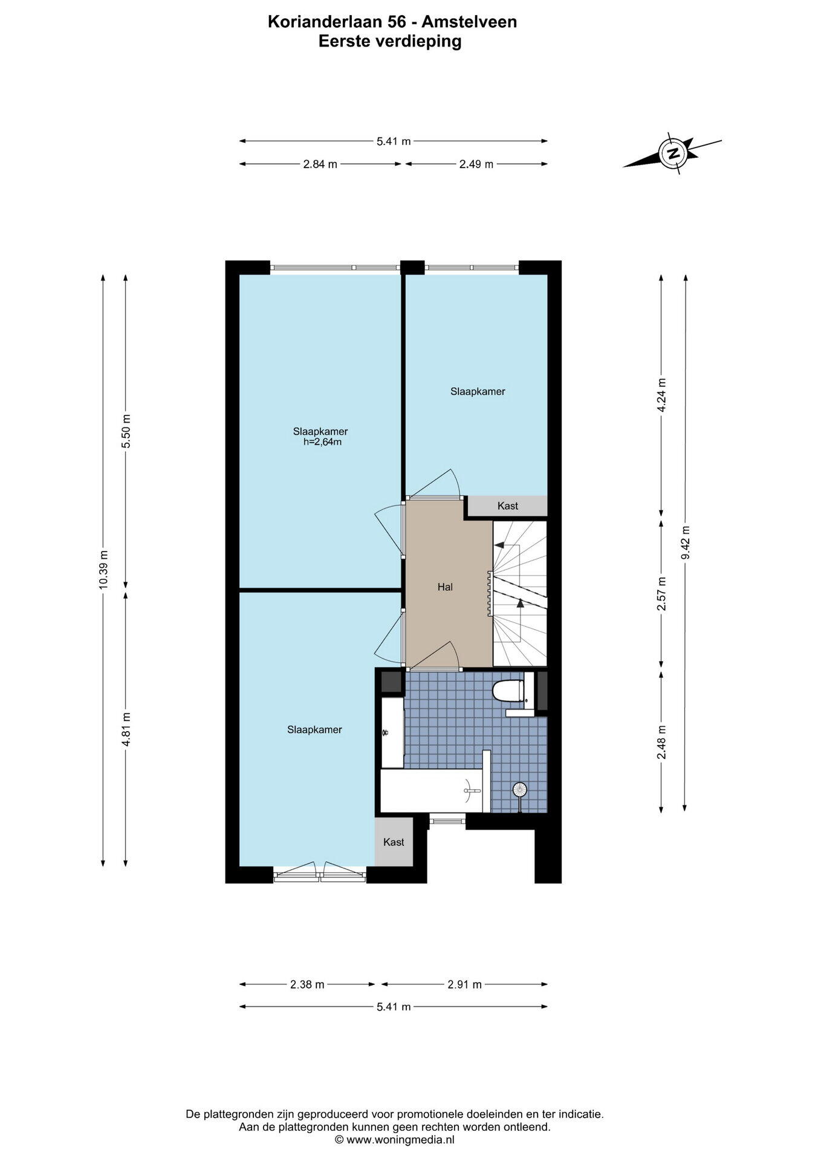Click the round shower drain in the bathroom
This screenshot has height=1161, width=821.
point(519,789)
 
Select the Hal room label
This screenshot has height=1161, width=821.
point(445,587)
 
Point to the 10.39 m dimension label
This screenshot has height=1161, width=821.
point(103,570)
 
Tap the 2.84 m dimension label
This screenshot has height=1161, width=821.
point(320,164)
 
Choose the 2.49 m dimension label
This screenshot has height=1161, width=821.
point(476,164)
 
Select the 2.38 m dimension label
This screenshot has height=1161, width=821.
point(307,984)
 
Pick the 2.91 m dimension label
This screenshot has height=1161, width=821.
point(464,984)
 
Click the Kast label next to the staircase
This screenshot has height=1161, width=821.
point(508,506)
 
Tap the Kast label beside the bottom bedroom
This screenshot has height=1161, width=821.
point(394,842)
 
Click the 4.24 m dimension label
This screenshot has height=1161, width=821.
point(662,395)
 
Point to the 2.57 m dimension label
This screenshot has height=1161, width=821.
point(662,593)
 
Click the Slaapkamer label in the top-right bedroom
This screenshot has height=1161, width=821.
point(478,391)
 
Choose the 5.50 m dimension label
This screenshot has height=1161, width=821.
point(126,431)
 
